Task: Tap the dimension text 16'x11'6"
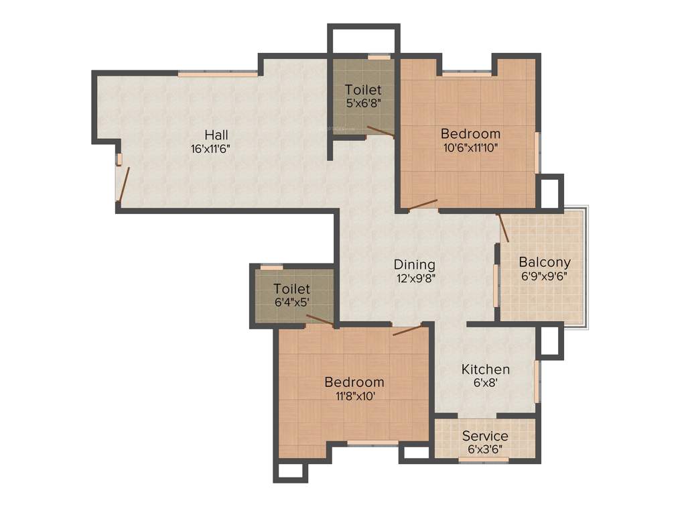pos(211,149)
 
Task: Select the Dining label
pos(414,265)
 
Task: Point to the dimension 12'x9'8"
pos(415,278)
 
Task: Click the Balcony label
pos(545,262)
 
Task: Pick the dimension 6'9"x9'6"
pos(545,276)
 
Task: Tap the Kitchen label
pos(486,369)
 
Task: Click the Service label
pos(485,436)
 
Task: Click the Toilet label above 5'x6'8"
pos(363,90)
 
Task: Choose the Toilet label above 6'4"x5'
pos(292,289)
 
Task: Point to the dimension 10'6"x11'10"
pos(470,148)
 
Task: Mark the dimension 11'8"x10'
pos(354,396)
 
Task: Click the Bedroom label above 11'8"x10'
pos(354,382)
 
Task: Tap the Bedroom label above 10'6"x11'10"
pos(470,133)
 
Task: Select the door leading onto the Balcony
pos(503,228)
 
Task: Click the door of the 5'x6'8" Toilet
pos(380,131)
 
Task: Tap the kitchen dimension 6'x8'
pos(486,384)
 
